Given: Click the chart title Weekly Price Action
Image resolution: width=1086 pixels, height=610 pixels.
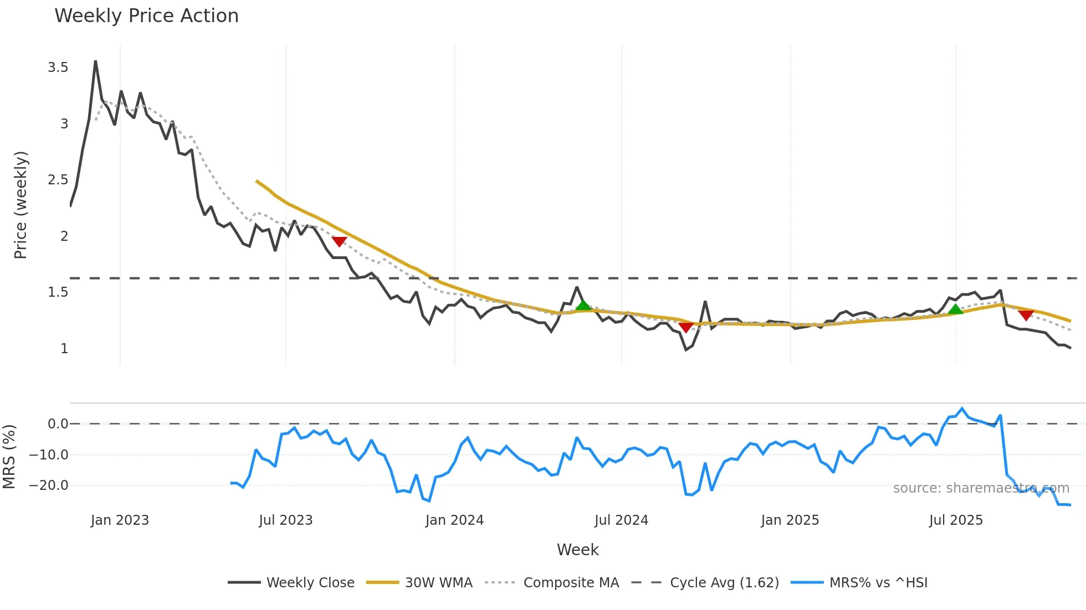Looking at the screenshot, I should click(x=146, y=16).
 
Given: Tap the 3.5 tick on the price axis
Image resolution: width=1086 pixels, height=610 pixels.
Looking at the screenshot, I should click(x=58, y=68).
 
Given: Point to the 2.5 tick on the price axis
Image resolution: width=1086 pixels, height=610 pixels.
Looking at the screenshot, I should click(x=58, y=180).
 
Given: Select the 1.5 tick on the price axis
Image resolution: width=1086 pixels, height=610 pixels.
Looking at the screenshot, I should click(x=58, y=292).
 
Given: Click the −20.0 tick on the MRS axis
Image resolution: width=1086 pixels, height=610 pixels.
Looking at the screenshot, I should click(x=49, y=485).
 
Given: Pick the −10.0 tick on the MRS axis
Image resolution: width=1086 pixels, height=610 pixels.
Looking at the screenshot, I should click(x=49, y=455).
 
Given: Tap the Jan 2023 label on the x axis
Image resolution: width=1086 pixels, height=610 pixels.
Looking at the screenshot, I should click(x=120, y=520).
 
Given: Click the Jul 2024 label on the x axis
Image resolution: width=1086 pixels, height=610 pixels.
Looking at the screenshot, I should click(x=621, y=520).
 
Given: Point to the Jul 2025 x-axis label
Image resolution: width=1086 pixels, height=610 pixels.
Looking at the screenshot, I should click(x=956, y=520).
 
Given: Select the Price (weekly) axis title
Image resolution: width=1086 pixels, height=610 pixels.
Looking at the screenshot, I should click(x=21, y=205).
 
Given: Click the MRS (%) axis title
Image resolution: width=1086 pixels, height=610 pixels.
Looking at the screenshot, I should click(x=9, y=457).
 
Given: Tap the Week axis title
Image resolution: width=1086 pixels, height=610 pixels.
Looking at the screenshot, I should click(x=577, y=550).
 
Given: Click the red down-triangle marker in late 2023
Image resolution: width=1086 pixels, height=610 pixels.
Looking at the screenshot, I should click(x=339, y=241).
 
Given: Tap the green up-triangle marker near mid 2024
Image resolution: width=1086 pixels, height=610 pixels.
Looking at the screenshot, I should click(x=583, y=305).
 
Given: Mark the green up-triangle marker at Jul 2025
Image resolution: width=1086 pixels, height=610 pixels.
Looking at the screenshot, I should click(x=955, y=309).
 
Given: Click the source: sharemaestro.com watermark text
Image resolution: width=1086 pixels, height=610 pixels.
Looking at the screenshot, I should click(x=981, y=488).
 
